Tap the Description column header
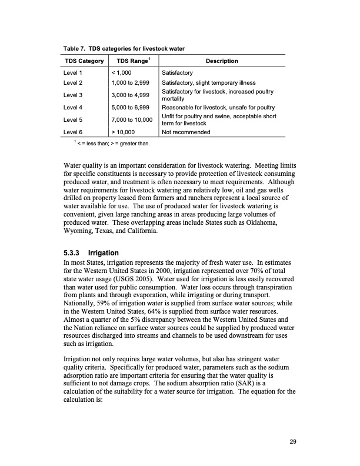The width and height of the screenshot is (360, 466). [221, 61]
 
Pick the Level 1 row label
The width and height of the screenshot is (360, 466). [73, 72]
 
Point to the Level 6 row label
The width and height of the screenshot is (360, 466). [73, 132]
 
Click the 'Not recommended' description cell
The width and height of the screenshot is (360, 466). [186, 132]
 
